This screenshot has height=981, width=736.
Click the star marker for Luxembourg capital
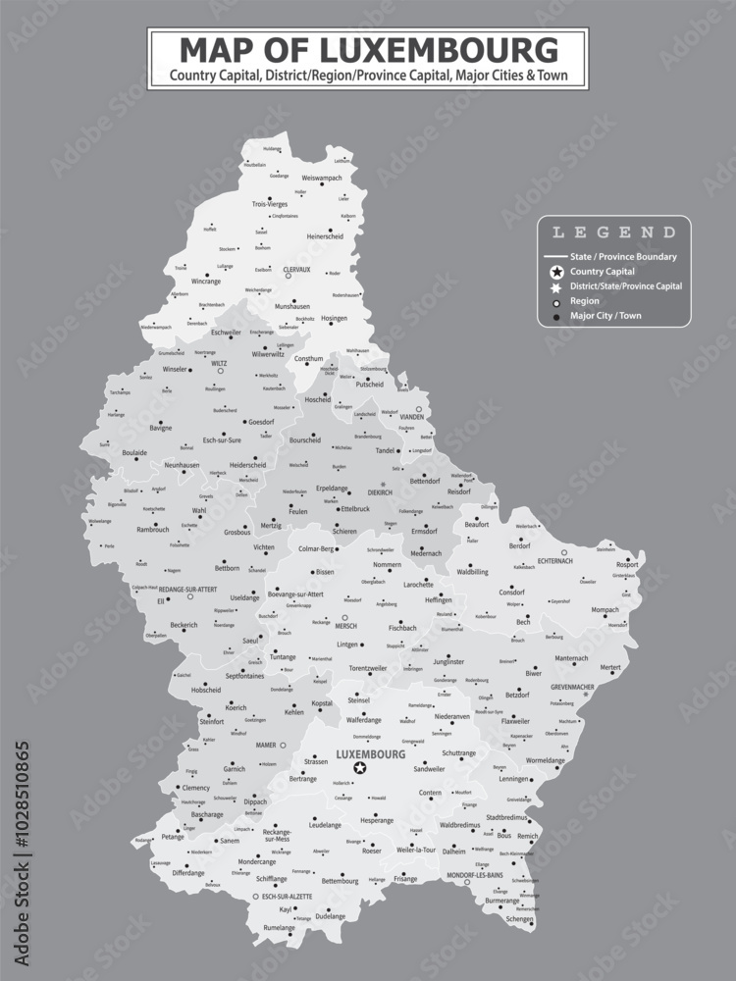coord(360,768)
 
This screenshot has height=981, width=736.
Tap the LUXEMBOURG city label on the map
coord(370,754)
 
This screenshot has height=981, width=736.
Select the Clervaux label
coord(296,269)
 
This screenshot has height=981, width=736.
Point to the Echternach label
coord(556,560)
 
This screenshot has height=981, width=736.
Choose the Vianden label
coord(412,417)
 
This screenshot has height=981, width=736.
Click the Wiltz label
coord(219,363)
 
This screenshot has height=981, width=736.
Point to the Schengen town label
coord(519,919)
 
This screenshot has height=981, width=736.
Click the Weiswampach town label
coord(322,178)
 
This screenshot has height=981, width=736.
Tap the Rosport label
coord(626,564)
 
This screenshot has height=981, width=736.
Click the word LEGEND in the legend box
coord(614,233)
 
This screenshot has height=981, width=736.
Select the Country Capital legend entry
coord(602,271)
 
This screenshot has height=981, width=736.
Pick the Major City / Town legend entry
coord(605,316)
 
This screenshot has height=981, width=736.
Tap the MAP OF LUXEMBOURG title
coord(368,49)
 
